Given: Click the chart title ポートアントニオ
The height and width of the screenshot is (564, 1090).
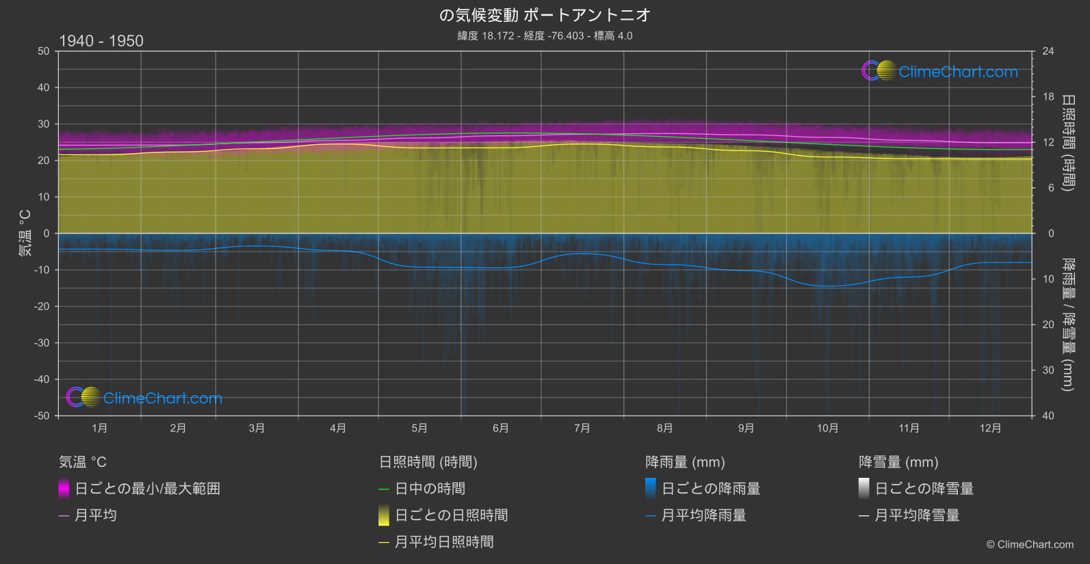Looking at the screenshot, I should coord(545,15).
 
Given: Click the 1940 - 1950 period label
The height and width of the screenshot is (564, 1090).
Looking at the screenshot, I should coord(101,41).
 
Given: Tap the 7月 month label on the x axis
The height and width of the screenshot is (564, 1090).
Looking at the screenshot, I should coord(582,428).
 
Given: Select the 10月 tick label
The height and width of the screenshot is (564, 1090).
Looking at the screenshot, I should coord(827,428).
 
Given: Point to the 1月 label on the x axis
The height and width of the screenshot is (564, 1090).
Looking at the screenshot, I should coord(100,428).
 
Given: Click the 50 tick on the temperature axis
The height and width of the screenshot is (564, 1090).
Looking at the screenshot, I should coord(44,51).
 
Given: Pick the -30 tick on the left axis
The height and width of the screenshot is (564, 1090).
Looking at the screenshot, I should coord(42,343).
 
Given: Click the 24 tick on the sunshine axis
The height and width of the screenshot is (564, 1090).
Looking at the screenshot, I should coord(1048,51).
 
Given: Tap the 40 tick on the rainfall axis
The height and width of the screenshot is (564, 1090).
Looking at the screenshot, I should coord(1048,416).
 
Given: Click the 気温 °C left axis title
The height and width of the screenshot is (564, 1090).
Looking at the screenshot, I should coord(25,233).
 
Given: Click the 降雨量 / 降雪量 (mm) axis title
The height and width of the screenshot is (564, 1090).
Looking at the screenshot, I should coord(1067,325).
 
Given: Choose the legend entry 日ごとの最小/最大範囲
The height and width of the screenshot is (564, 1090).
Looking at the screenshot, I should coord(147,489).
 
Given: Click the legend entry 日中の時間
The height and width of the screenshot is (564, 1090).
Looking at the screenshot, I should coord(430,489).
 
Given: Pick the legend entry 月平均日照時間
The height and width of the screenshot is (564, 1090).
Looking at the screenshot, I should coord(444,542).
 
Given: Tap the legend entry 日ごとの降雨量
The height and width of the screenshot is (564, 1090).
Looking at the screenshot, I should coord(711,489).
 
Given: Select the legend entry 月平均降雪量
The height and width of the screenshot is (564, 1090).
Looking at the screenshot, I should coord(917,515).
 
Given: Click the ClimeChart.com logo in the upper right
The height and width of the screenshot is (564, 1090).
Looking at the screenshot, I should coord(940,71).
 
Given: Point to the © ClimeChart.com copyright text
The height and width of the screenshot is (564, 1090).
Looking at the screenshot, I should coord(1030,545).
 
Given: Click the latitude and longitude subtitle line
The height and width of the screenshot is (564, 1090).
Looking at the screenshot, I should coord(545,36).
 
